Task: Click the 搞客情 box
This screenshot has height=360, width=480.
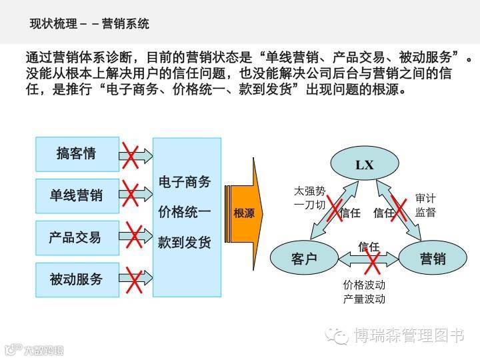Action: click(x=77, y=154)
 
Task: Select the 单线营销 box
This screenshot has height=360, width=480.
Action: click(x=77, y=195)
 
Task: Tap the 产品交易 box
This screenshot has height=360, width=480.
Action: click(x=77, y=237)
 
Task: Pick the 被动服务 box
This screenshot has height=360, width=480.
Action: click(x=77, y=279)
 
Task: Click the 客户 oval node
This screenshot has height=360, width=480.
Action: click(x=304, y=259)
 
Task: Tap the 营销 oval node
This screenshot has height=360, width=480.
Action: click(x=433, y=259)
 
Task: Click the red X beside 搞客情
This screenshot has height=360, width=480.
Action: click(x=131, y=156)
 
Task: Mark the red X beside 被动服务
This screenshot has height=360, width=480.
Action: click(x=135, y=281)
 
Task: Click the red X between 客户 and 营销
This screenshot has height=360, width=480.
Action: click(x=371, y=260)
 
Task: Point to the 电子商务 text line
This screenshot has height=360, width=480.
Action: click(x=185, y=181)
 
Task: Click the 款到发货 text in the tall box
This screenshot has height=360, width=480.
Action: click(x=185, y=243)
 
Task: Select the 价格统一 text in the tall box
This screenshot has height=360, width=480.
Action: click(x=185, y=212)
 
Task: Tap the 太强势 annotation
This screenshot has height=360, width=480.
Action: click(x=310, y=191)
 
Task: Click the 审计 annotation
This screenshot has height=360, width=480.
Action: click(x=425, y=198)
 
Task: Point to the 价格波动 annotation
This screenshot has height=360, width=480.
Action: click(x=364, y=285)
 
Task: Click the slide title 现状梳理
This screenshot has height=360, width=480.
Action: click(x=53, y=24)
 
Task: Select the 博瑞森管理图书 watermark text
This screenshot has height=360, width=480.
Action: click(x=408, y=335)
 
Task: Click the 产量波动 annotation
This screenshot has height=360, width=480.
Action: click(x=364, y=299)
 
